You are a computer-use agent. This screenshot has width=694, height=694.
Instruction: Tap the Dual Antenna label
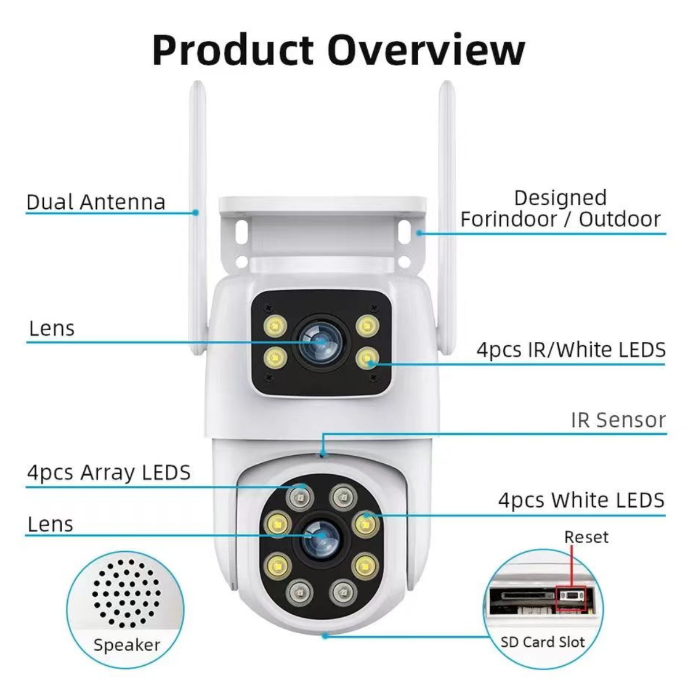(x=96, y=202)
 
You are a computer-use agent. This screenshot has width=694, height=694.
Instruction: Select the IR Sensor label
(x=618, y=420)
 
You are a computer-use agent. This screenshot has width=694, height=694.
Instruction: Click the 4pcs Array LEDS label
(x=109, y=472)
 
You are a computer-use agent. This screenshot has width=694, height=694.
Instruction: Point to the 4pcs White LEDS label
(x=581, y=500)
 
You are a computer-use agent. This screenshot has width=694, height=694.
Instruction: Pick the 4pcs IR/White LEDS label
(x=571, y=349)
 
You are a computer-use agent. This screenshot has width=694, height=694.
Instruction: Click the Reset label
(x=586, y=537)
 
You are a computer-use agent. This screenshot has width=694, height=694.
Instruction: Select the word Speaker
(x=127, y=645)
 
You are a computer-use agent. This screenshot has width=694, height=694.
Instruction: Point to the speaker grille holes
(x=126, y=593)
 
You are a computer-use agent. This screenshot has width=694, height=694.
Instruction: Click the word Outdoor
(x=619, y=219)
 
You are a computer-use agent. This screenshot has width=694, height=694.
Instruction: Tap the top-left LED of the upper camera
(x=275, y=326)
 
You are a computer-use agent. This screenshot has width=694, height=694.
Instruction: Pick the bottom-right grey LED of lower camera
(x=343, y=592)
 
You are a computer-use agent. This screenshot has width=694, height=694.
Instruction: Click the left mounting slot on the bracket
(x=242, y=231)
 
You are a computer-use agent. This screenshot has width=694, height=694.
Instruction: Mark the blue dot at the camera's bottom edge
(x=325, y=636)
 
